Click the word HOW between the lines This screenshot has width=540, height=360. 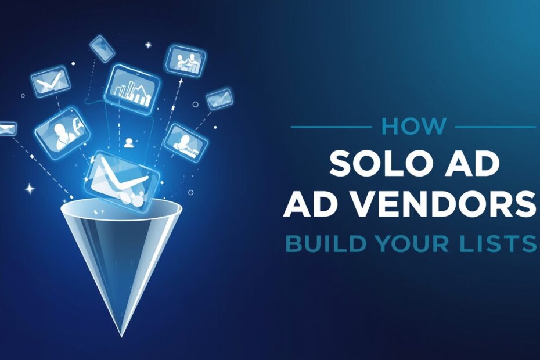(413, 126)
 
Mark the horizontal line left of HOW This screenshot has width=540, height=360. (330, 126)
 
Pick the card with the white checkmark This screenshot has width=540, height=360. (49, 82)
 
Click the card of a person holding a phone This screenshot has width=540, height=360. (61, 128)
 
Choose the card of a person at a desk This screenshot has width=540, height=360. (186, 142)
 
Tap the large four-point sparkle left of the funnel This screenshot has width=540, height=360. (29, 189)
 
